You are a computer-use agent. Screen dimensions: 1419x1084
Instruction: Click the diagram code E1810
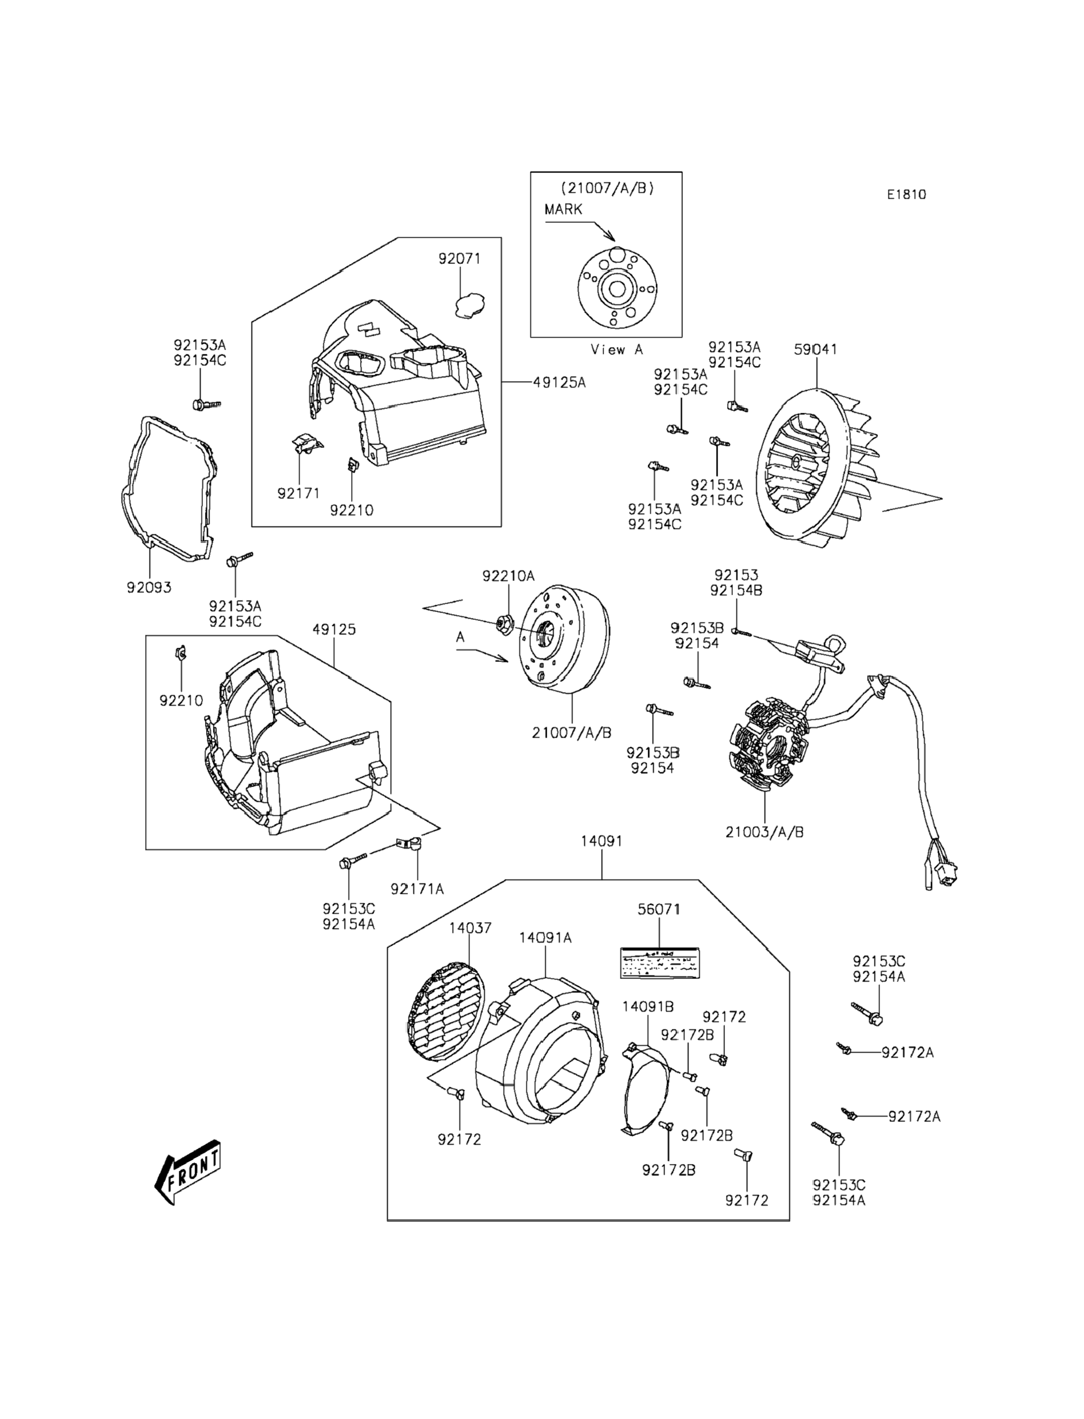pos(906,194)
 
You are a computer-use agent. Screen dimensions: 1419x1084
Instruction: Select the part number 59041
pos(815,349)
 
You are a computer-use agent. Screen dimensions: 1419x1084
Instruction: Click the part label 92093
pos(149,587)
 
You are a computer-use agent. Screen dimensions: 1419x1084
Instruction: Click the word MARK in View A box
pos(564,209)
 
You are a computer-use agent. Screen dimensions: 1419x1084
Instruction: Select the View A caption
pos(617,350)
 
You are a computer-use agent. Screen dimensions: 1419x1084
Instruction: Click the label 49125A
pos(559,383)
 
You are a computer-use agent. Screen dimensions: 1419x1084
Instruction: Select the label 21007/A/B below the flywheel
pos(571,733)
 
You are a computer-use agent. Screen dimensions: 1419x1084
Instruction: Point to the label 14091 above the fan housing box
pos(601,841)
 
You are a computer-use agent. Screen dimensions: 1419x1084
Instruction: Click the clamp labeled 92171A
pos(410,844)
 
